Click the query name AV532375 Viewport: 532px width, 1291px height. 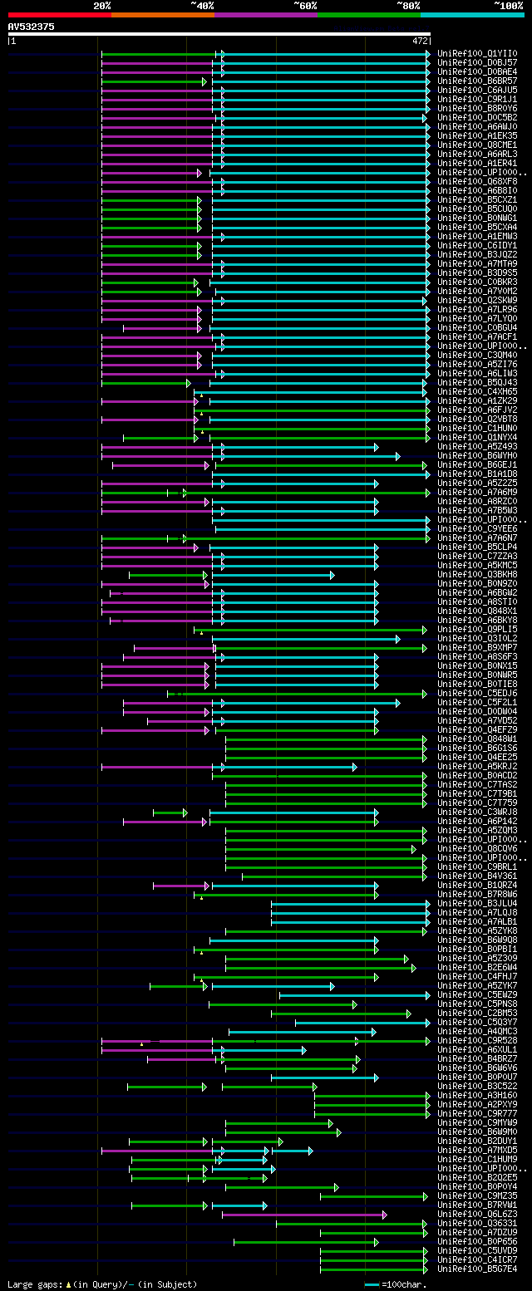point(32,27)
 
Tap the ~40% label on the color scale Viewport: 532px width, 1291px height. point(202,5)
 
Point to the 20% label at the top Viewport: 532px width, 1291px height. point(102,5)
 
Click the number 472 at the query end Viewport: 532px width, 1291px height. point(420,40)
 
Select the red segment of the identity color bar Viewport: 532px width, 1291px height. point(59,14)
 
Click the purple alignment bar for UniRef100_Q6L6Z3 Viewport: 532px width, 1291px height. point(303,1215)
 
